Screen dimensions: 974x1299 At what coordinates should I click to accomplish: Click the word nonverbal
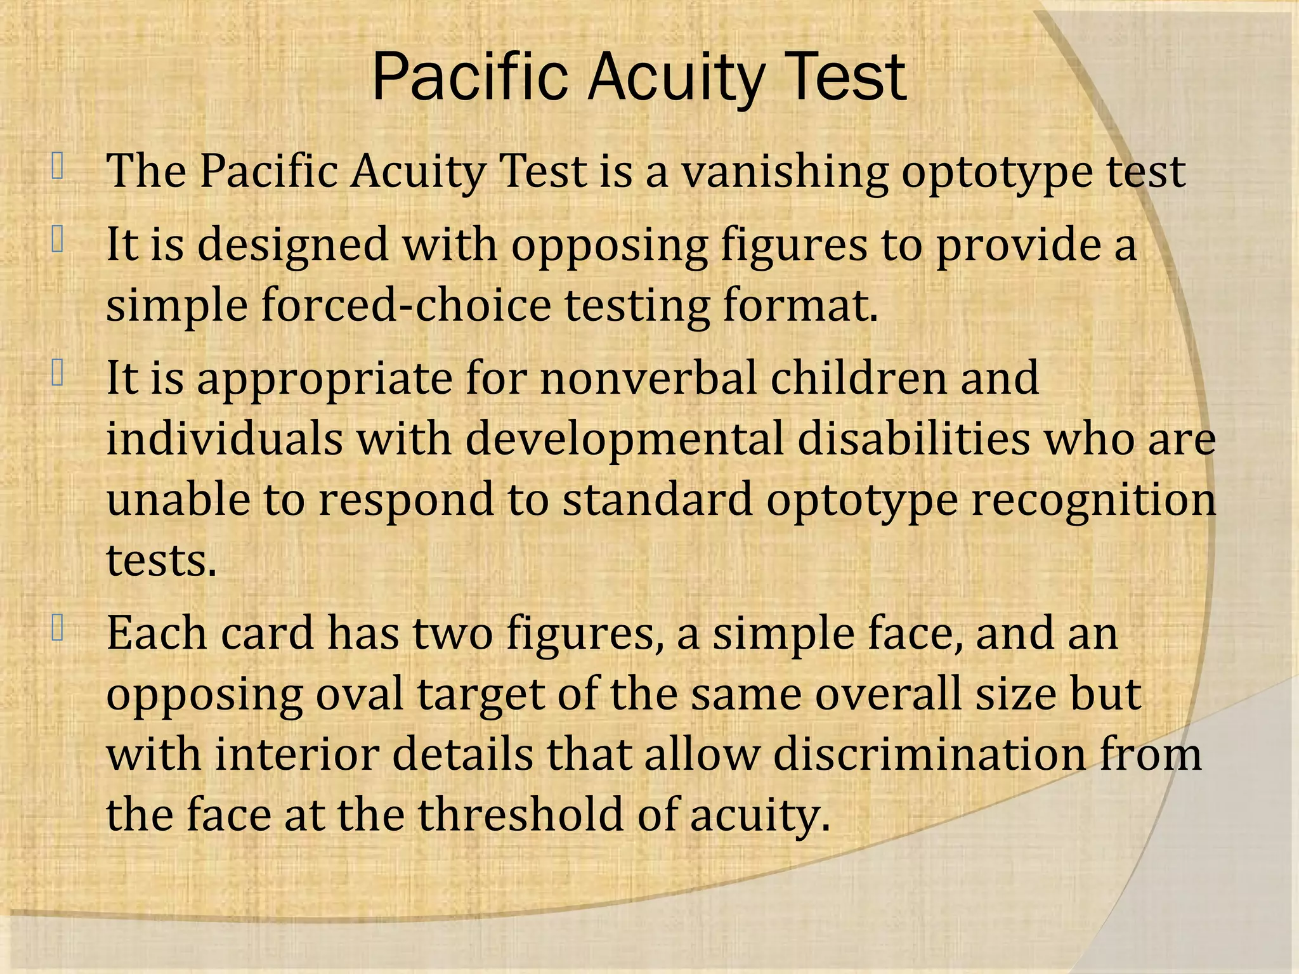pos(648,378)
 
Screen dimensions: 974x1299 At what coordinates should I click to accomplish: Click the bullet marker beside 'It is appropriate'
pos(58,372)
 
